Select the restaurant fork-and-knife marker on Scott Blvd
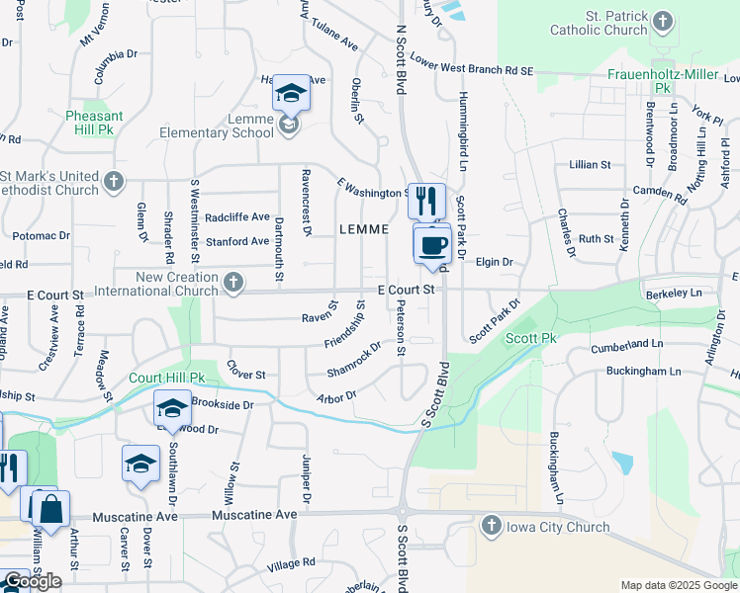(x=426, y=201)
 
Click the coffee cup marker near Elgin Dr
(x=432, y=243)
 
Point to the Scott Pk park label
(x=532, y=338)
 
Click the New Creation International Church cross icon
(x=233, y=284)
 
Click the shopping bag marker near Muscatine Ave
(x=51, y=510)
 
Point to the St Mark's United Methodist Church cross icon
(x=114, y=182)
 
